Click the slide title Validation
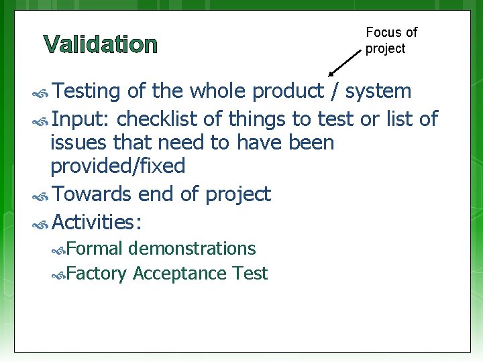click(101, 45)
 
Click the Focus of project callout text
click(391, 40)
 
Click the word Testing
click(86, 90)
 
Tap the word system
click(378, 90)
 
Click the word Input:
click(80, 119)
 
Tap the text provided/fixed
click(117, 165)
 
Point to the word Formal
click(95, 249)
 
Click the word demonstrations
click(193, 249)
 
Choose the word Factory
click(97, 274)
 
